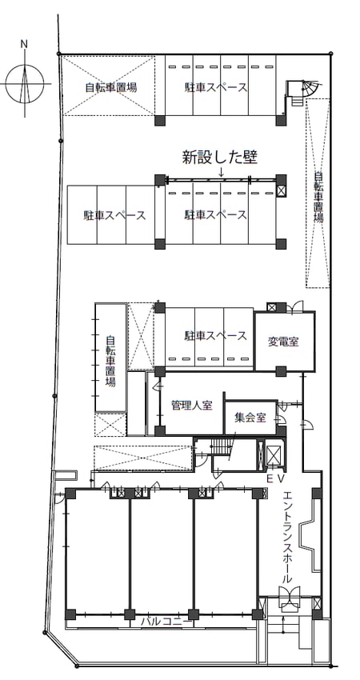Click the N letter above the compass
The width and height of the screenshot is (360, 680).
[x=24, y=44]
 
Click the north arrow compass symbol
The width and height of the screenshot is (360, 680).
[x=25, y=83]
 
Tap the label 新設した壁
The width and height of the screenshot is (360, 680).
[x=220, y=158]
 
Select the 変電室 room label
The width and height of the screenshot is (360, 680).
[x=283, y=342]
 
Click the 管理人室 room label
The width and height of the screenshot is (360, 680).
[x=192, y=406]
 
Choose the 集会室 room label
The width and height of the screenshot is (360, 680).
[x=250, y=419]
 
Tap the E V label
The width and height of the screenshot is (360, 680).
[x=275, y=478]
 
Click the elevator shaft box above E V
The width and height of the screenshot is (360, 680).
[x=274, y=456]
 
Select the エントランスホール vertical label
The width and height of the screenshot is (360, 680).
[x=287, y=537]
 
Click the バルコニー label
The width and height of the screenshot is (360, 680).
[x=166, y=622]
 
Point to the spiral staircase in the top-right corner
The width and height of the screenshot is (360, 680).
[x=305, y=90]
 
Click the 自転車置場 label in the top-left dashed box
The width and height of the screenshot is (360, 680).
[x=111, y=88]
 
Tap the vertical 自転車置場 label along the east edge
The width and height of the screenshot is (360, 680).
[x=318, y=198]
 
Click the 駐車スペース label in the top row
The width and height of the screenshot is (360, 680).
[x=215, y=87]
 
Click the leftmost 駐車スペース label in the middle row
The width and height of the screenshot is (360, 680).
[x=114, y=215]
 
